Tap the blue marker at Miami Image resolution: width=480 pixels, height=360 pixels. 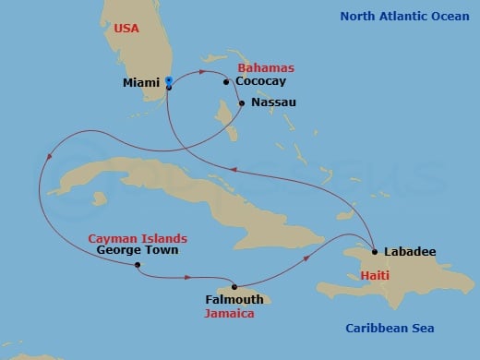point(168,80)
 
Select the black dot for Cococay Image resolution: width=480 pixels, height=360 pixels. point(226,82)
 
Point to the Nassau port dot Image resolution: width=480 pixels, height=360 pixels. point(241,102)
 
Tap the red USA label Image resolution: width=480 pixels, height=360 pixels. point(128,30)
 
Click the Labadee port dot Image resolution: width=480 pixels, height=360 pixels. point(374,251)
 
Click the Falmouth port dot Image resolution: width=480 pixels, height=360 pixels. point(234,286)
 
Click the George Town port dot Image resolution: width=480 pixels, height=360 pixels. point(137,265)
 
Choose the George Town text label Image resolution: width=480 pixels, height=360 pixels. point(130,250)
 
